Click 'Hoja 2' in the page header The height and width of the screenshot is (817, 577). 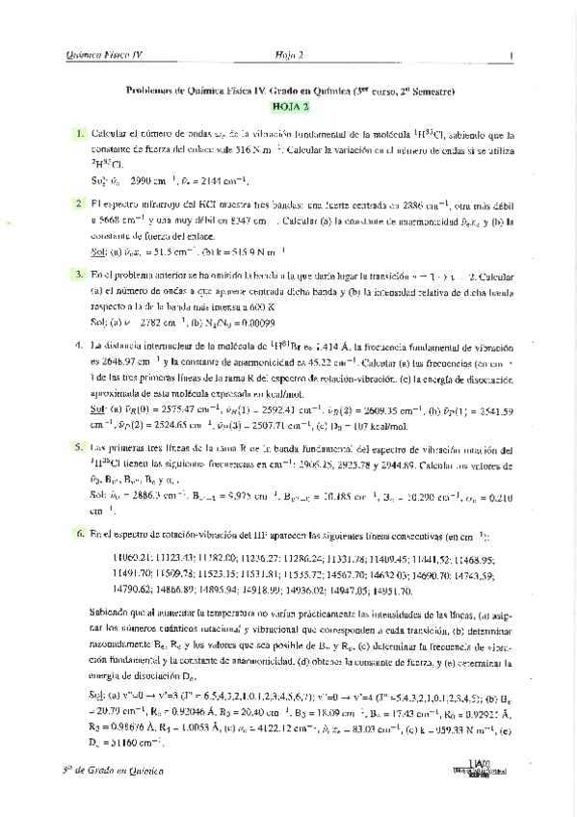pyautogui.click(x=288, y=56)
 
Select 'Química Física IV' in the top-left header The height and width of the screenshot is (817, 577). pyautogui.click(x=102, y=56)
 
